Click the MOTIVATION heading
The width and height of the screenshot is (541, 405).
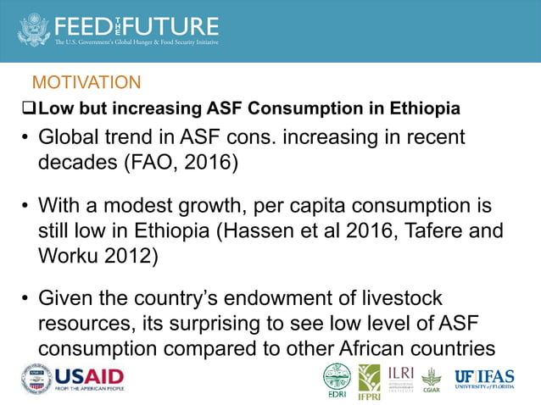[86, 83]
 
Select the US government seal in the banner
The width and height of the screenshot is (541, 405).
[33, 29]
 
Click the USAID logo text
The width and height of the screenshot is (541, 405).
[90, 375]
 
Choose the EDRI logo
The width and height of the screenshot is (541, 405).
[336, 379]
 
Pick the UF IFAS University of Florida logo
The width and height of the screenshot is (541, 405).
[484, 378]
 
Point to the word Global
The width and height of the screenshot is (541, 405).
[69, 137]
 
